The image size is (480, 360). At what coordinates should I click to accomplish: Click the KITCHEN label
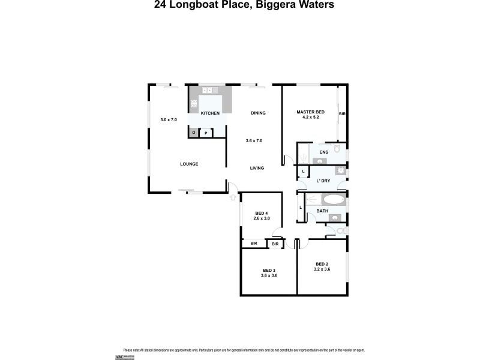point(210,113)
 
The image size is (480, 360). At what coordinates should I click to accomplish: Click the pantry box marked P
point(206,133)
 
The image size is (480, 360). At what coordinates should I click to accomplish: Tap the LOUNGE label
point(189,164)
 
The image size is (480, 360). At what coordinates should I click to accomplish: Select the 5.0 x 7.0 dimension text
point(169,120)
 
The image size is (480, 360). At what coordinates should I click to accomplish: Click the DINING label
point(258,113)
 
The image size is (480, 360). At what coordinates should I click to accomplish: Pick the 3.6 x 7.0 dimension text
point(254,140)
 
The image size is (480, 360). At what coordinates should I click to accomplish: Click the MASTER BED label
point(311,112)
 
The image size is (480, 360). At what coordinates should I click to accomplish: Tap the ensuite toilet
point(337,148)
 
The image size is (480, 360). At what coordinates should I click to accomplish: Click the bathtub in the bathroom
point(334,200)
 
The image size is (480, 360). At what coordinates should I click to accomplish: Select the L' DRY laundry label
point(324,181)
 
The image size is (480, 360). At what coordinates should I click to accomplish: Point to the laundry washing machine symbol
point(340,171)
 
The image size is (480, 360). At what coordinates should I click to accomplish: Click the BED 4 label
point(262,213)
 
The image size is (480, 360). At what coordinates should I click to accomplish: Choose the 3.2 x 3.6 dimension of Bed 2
point(323,269)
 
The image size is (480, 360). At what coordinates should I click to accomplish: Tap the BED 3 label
point(269,270)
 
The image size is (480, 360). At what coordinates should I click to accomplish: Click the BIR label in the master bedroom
point(342,113)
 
